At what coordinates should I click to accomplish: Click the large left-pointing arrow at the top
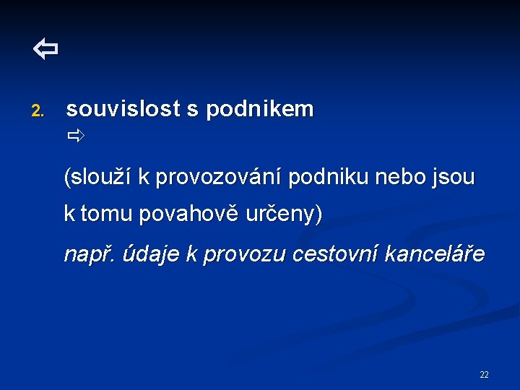coord(45,50)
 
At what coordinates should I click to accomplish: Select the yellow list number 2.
coord(38,111)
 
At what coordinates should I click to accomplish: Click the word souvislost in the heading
coord(123,110)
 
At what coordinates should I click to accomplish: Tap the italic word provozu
coord(240,255)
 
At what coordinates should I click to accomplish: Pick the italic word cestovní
coord(331,255)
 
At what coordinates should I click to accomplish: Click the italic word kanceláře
coord(433,255)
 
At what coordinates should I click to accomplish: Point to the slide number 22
coord(484,374)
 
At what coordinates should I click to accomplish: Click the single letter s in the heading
coord(192,110)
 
